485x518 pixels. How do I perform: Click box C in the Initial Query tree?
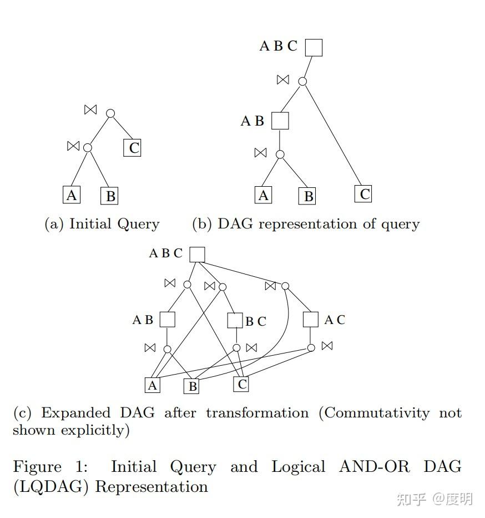[x=132, y=148]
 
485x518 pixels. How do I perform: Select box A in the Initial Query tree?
[x=71, y=195]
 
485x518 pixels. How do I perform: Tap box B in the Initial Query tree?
[x=109, y=196]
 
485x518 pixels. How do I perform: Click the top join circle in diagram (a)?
[x=110, y=113]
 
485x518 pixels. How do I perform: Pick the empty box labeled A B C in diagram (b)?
[x=314, y=47]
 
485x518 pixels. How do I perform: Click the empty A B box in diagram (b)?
[x=280, y=121]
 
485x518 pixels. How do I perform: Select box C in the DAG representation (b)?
[x=363, y=194]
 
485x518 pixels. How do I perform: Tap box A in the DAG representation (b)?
[x=264, y=195]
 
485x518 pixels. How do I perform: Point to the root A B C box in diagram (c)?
[x=197, y=255]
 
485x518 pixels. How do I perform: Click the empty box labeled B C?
[x=235, y=321]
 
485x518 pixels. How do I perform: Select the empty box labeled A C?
[x=311, y=320]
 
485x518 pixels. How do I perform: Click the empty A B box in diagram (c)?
[x=167, y=320]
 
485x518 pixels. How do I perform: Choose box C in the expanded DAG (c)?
[x=241, y=384]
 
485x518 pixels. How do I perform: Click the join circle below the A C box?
[x=311, y=348]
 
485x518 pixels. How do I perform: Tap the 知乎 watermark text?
[x=411, y=499]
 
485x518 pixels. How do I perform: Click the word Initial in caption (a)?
[x=90, y=224]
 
